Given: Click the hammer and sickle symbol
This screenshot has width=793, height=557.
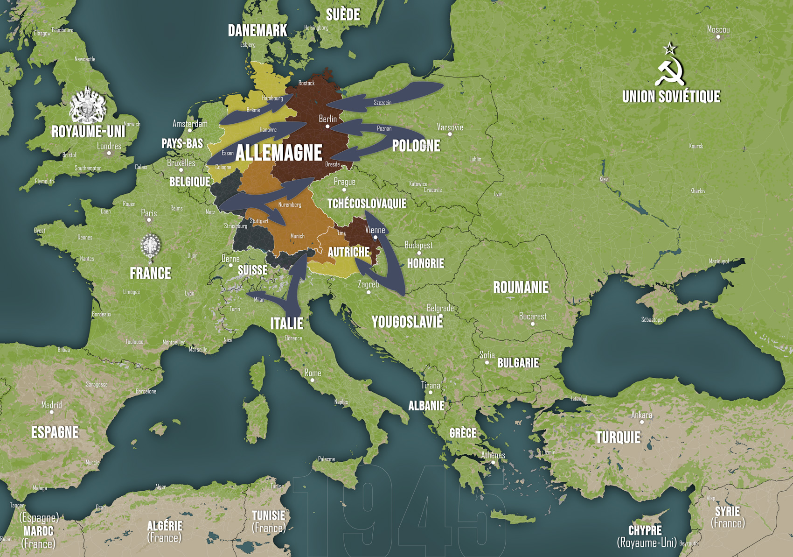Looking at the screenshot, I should tap(670, 71).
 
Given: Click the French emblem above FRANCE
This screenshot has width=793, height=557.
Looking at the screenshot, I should tap(150, 246).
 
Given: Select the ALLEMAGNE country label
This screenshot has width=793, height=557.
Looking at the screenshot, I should tap(278, 153).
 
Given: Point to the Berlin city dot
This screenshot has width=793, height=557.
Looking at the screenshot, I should tap(327, 127).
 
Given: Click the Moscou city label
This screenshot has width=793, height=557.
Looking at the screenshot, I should tap(718, 29).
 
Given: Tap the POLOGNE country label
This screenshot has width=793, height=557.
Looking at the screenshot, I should tap(416, 146).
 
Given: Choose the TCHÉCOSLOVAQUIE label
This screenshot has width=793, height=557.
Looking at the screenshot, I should tap(367, 204).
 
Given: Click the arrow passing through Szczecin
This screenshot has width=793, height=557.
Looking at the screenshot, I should tap(387, 97).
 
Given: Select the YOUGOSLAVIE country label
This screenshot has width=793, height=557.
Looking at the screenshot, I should tap(407, 322).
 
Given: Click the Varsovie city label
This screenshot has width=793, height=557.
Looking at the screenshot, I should tap(450, 127).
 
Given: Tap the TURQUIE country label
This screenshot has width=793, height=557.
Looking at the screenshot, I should tap(618, 437).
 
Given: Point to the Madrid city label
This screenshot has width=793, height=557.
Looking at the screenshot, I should tap(51, 405).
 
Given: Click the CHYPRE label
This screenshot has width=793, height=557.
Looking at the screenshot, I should tap(645, 530).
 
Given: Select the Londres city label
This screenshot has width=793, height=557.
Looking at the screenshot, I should tap(109, 146).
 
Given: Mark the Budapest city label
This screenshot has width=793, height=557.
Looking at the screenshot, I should tap(418, 245).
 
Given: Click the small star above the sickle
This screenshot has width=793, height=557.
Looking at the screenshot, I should tap(670, 48).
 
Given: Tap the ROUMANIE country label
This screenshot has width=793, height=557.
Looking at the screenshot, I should tap(521, 287).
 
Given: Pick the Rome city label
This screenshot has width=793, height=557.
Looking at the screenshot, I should tap(313, 373).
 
